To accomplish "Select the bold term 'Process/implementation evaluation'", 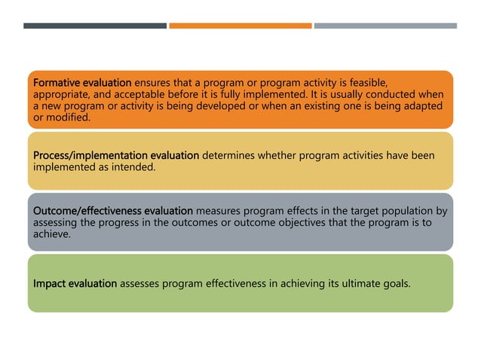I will [x=116, y=156].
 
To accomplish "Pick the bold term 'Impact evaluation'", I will [x=75, y=283].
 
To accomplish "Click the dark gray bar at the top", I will [x=95, y=26].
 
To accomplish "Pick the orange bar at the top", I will [x=240, y=26].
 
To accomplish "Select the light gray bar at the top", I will [x=385, y=26].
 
